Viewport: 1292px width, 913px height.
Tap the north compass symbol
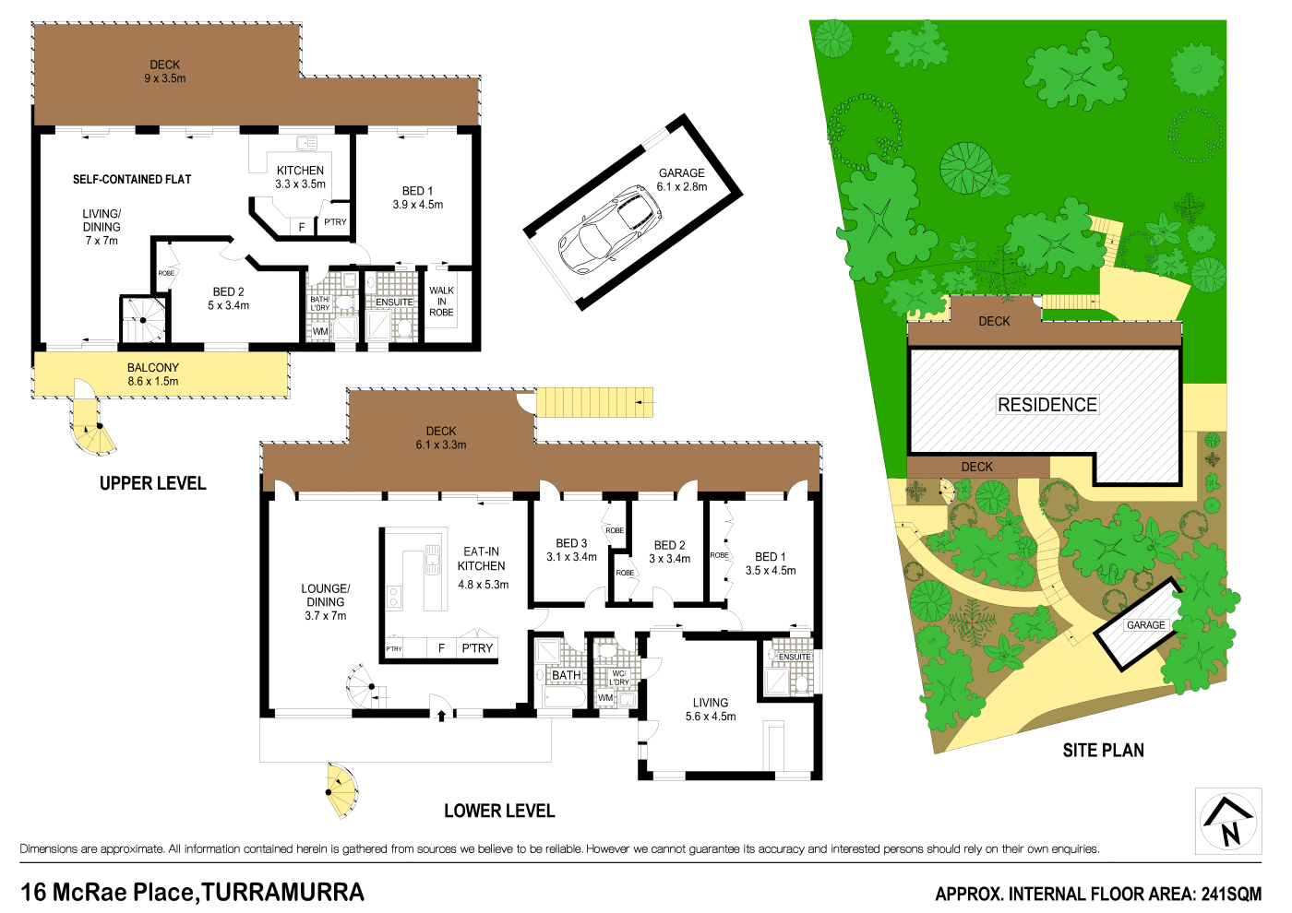(1228, 821)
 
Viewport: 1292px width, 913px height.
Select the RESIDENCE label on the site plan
(1047, 405)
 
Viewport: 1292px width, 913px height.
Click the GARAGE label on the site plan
(1145, 625)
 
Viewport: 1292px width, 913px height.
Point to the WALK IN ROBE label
(441, 302)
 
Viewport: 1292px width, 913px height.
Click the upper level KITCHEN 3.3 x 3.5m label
(300, 177)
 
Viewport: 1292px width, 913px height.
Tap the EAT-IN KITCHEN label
(482, 559)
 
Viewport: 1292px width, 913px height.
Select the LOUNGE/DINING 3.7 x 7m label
(325, 601)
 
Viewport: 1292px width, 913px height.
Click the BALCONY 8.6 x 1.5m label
(153, 374)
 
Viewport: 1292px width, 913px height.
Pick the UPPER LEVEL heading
(152, 483)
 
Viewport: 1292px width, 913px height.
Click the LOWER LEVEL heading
(499, 811)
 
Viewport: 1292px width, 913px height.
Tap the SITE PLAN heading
(1103, 751)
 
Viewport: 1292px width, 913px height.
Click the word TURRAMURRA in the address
(282, 893)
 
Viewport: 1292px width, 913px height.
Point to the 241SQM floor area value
(1231, 894)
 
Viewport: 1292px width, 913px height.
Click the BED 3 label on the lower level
(571, 550)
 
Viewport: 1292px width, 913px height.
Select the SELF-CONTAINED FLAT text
(132, 180)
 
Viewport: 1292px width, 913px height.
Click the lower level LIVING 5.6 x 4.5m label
(711, 709)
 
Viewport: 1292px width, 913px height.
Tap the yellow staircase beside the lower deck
(594, 402)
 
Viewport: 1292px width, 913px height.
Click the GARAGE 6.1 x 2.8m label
(682, 180)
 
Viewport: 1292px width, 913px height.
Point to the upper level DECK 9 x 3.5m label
(165, 71)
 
